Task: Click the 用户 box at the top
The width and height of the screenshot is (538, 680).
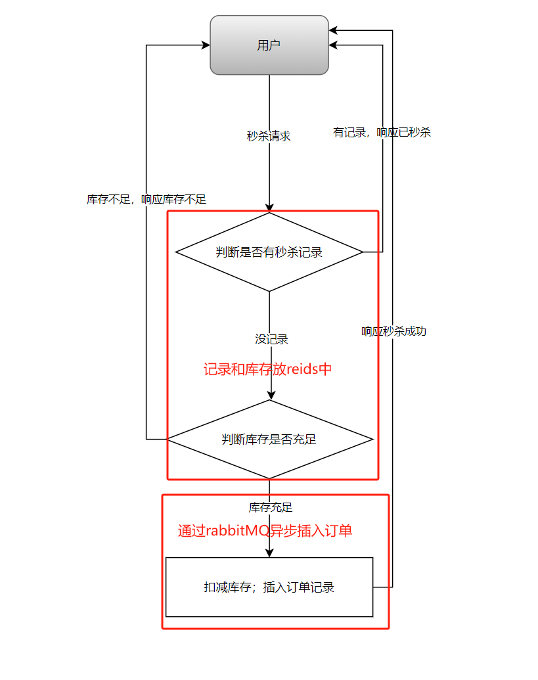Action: point(269,45)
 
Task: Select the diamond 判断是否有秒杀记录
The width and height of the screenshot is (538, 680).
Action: point(269,252)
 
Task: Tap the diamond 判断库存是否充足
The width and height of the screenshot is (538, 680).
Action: point(269,439)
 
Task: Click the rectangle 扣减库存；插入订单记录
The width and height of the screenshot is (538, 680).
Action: point(269,587)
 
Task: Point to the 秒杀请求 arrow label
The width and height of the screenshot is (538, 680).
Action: point(269,137)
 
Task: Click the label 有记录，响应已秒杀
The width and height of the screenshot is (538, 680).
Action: point(382,132)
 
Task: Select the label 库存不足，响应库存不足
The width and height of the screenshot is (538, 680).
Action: point(146,199)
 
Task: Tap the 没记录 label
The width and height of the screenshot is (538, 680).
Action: point(271,339)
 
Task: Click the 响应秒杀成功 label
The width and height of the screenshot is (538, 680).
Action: point(393,331)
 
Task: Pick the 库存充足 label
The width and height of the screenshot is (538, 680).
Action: point(270,507)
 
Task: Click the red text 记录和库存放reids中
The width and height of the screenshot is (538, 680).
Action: point(267,369)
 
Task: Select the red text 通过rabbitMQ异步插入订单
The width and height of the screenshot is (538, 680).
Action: point(265,531)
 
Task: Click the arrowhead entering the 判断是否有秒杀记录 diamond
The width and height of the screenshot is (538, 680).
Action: point(269,208)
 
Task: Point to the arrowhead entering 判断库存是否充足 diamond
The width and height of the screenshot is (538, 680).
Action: point(269,396)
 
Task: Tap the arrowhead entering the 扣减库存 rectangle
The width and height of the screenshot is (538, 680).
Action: point(269,553)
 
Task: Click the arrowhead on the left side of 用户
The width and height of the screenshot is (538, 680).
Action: point(205,45)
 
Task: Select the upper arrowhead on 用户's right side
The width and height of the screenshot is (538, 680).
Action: point(334,30)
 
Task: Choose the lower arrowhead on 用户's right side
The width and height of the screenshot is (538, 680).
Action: point(334,45)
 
